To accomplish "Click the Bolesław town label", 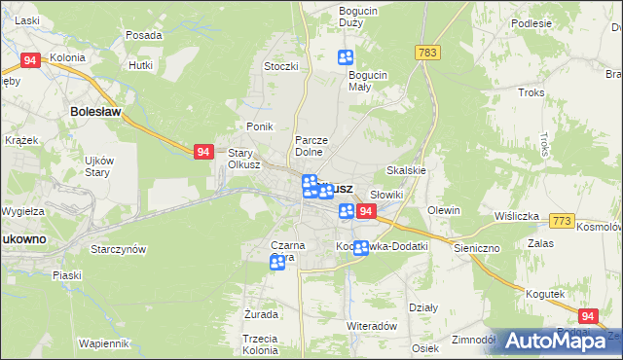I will point(95,112).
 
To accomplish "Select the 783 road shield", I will point(425,51).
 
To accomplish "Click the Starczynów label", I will point(118,249).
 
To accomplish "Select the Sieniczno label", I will point(476,248).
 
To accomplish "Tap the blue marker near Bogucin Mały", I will point(345,58).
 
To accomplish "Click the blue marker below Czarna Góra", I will point(277,262).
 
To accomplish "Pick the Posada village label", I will point(143,35).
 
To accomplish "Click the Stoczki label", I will point(280,67).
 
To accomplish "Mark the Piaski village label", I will point(67,276).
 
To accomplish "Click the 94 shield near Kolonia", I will point(30,60).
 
